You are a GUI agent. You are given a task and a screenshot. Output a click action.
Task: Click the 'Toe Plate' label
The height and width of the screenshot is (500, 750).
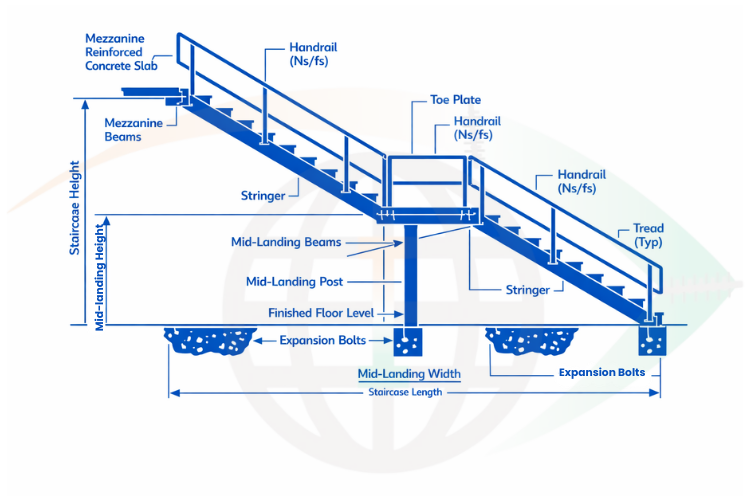click(x=455, y=100)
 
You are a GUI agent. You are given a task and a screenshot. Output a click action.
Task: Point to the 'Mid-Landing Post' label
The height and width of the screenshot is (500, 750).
click(x=297, y=282)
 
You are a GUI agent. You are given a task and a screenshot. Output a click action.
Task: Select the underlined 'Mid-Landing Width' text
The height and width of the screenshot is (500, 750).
click(x=409, y=374)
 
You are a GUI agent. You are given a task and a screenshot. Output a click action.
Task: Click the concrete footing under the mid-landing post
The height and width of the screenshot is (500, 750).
click(x=408, y=342)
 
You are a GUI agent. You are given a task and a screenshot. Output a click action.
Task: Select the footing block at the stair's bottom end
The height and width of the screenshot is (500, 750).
click(x=653, y=342)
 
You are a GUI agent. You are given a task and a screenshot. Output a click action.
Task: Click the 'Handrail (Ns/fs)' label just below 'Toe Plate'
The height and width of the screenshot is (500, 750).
click(x=478, y=127)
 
